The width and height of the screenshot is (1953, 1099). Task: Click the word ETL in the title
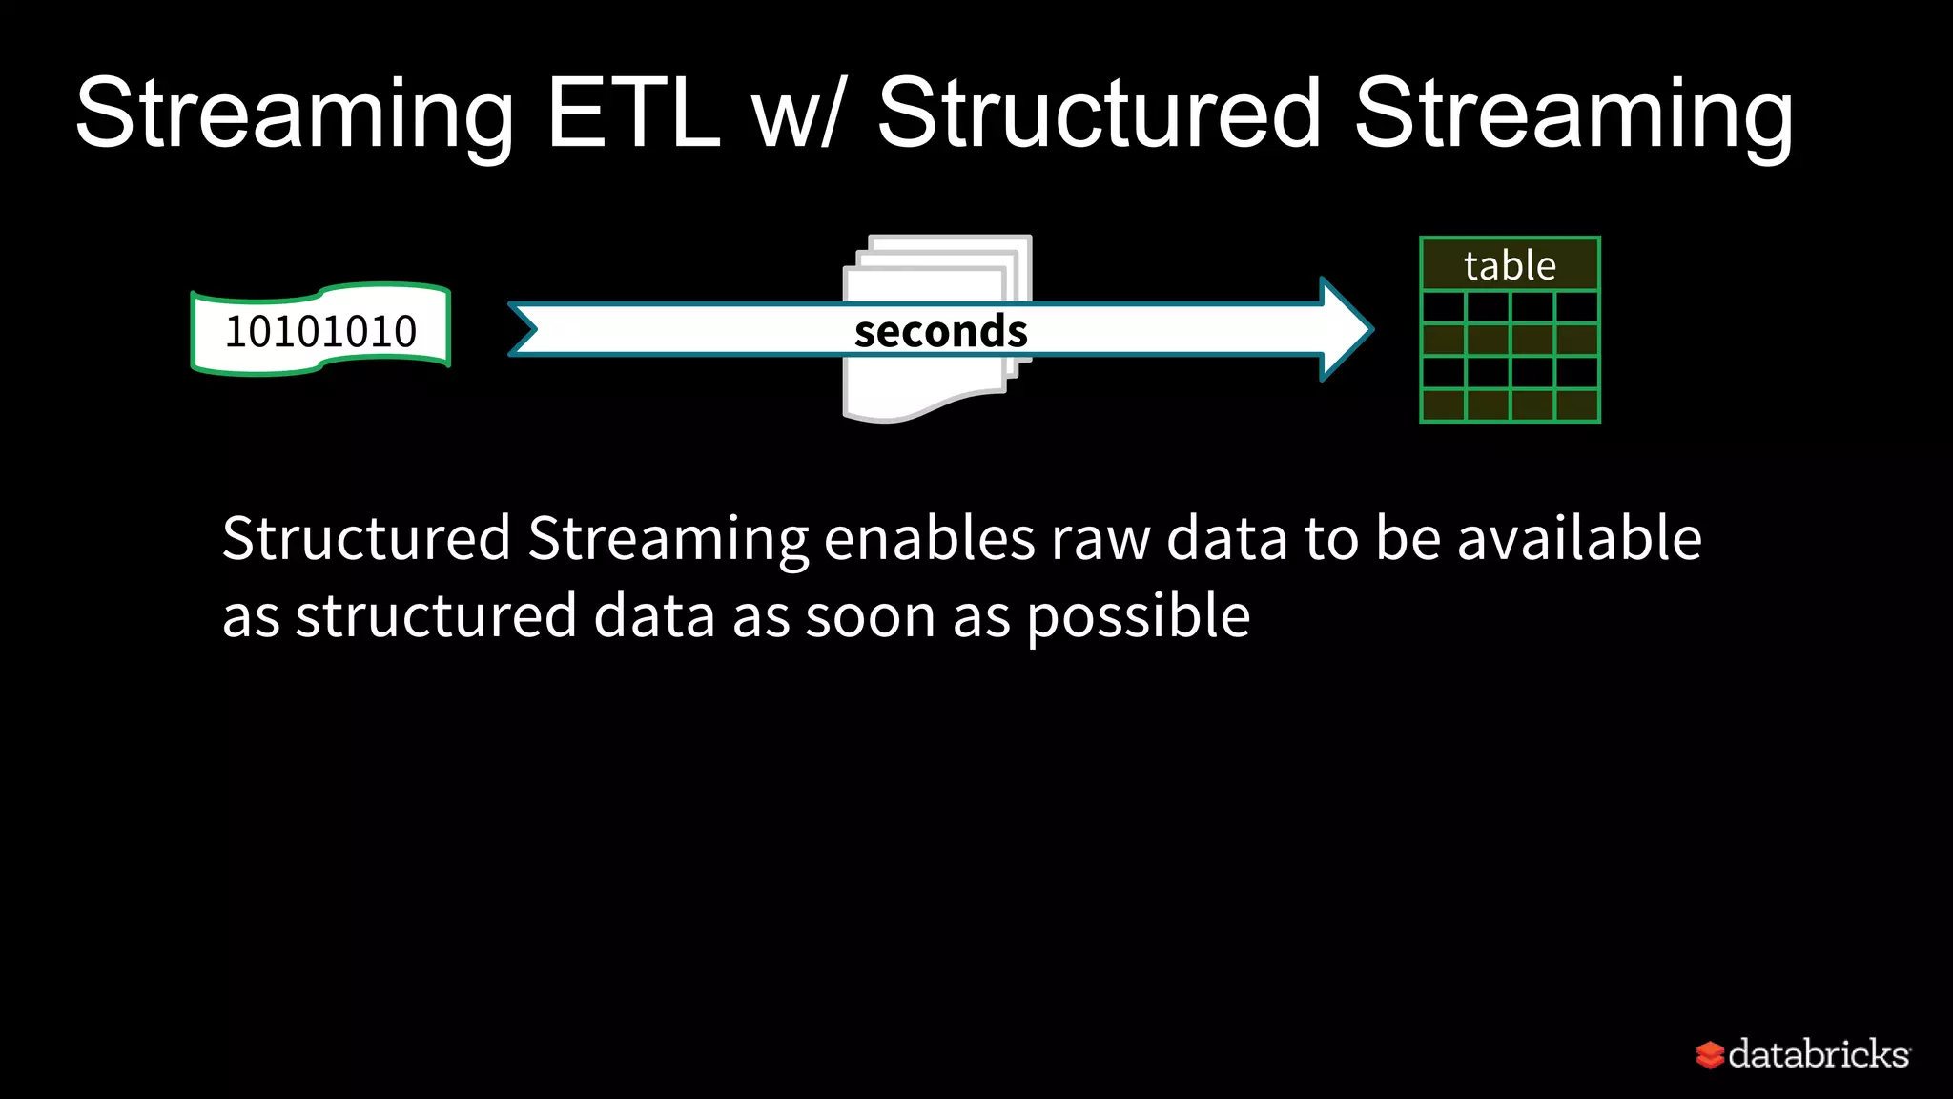click(632, 114)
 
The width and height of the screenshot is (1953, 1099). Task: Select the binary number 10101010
click(320, 331)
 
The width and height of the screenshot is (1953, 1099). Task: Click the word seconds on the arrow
click(940, 331)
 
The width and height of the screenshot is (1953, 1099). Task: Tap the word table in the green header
click(1510, 265)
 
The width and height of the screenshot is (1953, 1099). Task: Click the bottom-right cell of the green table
click(1577, 404)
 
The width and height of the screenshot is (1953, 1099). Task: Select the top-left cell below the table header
click(1443, 308)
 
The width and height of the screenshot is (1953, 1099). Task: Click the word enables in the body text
click(929, 538)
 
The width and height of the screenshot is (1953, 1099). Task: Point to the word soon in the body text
click(871, 617)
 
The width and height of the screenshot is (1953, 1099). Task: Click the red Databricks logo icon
click(1710, 1055)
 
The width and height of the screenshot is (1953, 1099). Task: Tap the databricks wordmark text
click(1819, 1054)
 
